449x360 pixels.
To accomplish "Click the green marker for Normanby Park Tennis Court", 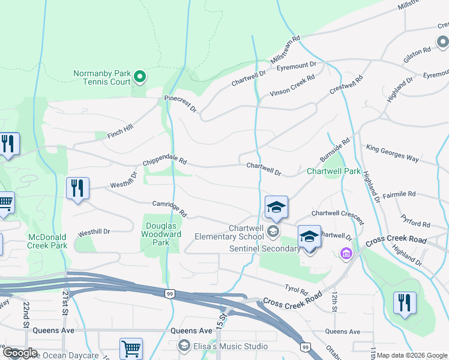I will (x=140, y=76).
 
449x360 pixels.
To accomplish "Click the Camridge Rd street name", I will (x=170, y=209).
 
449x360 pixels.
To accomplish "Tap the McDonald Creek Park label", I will (x=47, y=241).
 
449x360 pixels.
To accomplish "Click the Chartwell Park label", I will (x=333, y=171).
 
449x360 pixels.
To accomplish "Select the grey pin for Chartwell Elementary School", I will (x=273, y=231).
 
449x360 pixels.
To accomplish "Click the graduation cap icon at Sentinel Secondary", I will (x=309, y=236).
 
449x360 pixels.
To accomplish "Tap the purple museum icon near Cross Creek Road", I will (x=345, y=254).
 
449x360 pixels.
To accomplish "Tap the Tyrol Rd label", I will (x=297, y=289).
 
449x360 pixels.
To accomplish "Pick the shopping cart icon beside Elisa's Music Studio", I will (x=131, y=348).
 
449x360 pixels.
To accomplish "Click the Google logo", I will (x=20, y=353).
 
